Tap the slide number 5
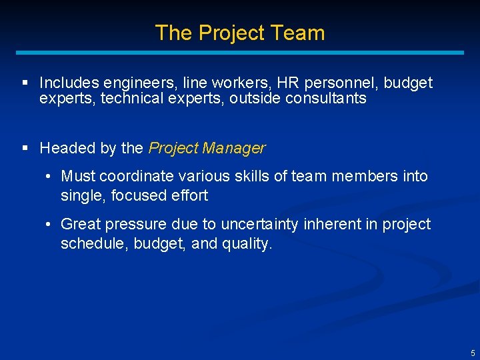(473, 353)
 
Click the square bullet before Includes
(25, 83)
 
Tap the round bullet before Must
(49, 177)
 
